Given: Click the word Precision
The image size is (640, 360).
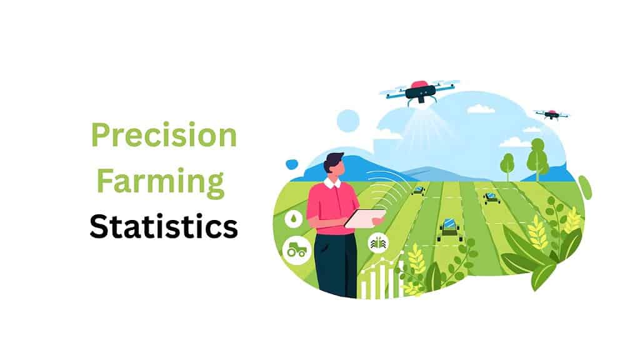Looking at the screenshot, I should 164,135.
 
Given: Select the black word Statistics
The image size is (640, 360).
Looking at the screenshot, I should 164,227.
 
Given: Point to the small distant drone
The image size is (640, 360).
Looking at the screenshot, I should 551,114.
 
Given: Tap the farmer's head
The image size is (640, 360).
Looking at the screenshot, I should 334,165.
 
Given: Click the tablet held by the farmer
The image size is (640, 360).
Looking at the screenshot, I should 365,218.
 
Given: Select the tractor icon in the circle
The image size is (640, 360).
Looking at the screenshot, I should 296,250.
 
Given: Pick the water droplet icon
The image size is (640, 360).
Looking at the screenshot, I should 294,218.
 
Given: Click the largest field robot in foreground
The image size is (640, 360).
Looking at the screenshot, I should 449,229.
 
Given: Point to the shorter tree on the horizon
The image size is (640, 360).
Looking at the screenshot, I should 507,164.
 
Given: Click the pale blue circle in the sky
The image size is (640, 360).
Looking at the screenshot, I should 348,121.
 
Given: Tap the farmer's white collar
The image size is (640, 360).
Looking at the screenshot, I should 332,183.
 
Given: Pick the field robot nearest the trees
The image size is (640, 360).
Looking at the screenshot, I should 491,197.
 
